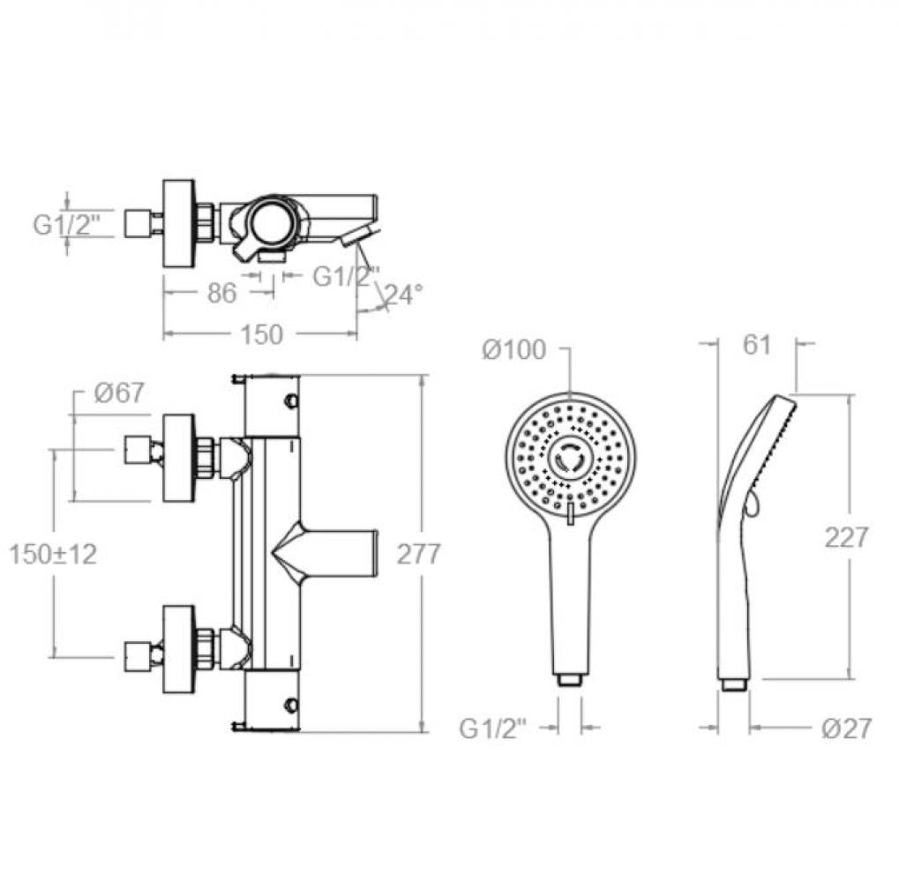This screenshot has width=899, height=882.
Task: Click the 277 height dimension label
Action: pyautogui.click(x=418, y=554)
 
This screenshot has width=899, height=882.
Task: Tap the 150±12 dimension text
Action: pyautogui.click(x=53, y=554)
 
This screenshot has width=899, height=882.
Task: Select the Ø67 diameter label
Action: pyautogui.click(x=119, y=392)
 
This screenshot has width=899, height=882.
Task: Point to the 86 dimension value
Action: pyautogui.click(x=221, y=294)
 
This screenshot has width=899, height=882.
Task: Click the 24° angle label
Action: pyautogui.click(x=403, y=294)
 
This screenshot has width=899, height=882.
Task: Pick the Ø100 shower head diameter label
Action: pyautogui.click(x=514, y=349)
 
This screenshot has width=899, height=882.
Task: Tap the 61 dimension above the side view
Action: pyautogui.click(x=756, y=345)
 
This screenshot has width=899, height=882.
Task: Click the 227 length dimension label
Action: pyautogui.click(x=846, y=537)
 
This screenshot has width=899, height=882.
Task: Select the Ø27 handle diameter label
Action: pyautogui.click(x=846, y=729)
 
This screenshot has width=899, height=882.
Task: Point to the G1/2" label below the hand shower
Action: pyautogui.click(x=492, y=729)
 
